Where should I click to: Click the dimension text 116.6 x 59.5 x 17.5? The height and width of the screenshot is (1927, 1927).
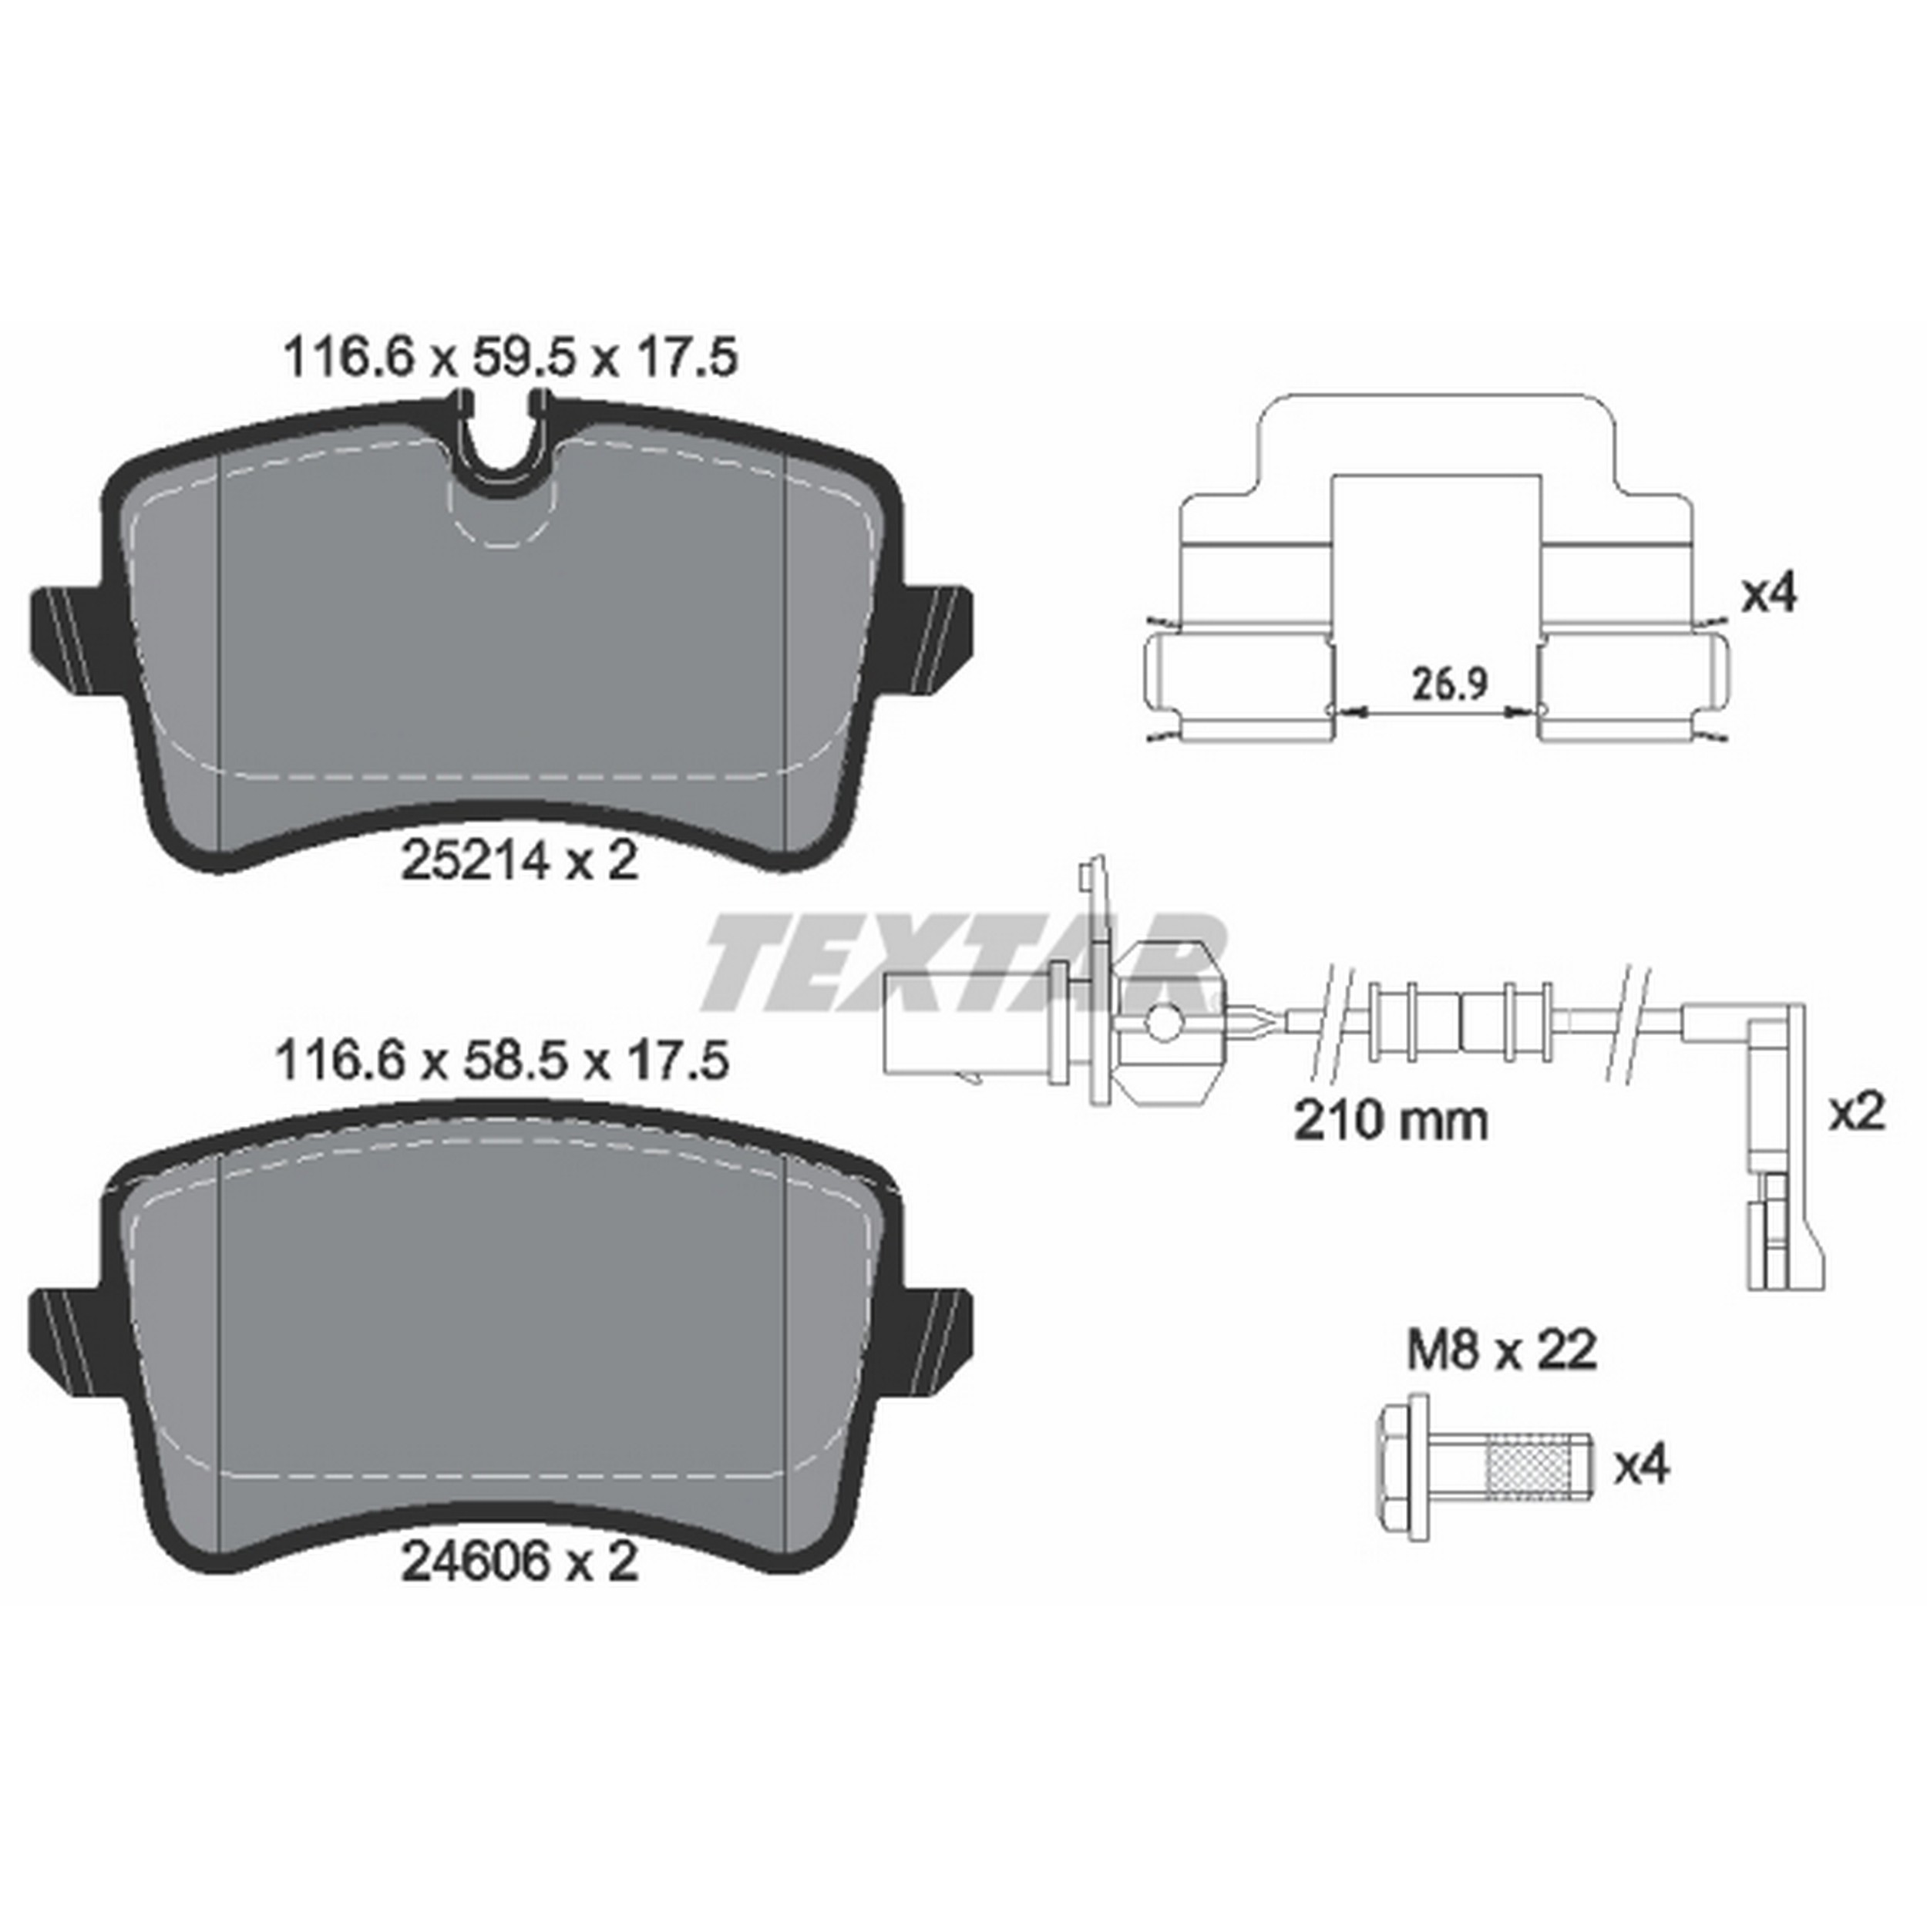511,357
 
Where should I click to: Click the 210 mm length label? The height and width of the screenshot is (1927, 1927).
1391,1121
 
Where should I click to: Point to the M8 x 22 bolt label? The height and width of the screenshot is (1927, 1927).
1502,1350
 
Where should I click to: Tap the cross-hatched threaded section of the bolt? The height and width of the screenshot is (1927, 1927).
1526,1465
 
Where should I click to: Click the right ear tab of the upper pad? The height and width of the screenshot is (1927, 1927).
937,635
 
